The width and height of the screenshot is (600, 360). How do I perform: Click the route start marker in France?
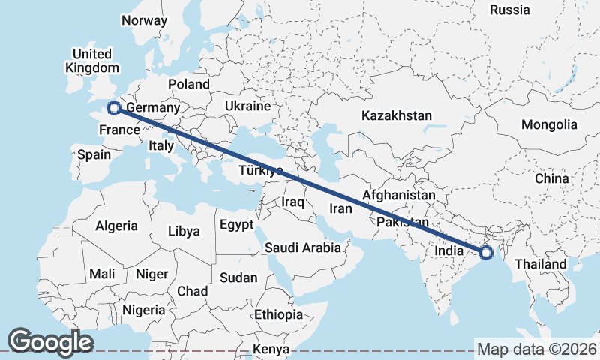113,108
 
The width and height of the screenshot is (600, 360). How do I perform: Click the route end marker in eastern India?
486,253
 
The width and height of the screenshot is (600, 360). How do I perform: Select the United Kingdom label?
92,61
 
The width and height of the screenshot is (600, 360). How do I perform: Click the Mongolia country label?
550,124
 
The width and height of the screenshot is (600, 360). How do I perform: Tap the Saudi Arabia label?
303,247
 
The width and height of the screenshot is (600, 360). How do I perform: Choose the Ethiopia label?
278,314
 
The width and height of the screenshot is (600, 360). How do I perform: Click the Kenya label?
271,349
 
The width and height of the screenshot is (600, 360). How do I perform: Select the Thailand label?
540,264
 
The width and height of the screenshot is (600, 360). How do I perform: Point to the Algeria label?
116,225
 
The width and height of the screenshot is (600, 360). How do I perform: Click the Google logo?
50,341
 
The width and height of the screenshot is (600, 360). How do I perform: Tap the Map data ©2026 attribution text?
536,349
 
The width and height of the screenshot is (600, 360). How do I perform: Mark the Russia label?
509,10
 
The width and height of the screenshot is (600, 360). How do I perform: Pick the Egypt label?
237,224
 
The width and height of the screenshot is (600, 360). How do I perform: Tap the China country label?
552,179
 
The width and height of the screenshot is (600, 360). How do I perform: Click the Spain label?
94,155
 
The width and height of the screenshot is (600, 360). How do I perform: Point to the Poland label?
189,84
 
